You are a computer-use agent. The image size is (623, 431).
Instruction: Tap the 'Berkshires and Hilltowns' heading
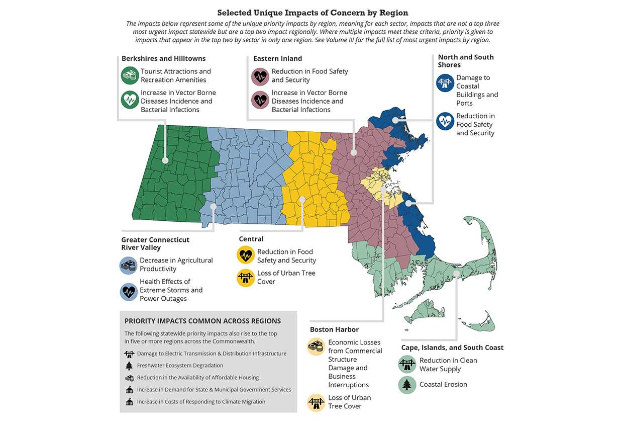(x=163, y=58)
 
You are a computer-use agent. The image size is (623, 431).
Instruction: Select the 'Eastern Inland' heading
(x=277, y=58)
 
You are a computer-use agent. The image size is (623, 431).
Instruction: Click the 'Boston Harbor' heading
(x=334, y=329)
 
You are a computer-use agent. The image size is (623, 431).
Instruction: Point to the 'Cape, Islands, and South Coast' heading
(x=452, y=348)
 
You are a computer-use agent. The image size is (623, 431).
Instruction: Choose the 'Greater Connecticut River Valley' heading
(x=155, y=243)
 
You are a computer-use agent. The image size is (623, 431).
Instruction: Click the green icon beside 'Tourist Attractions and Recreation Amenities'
(x=130, y=76)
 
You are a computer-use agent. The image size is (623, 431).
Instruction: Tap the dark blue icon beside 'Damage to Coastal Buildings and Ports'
(x=445, y=83)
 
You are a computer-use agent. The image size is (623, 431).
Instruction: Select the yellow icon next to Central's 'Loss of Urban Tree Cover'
(x=246, y=278)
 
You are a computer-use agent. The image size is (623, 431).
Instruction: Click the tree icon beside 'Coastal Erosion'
(x=407, y=385)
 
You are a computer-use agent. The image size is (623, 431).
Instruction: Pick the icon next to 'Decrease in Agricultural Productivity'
(x=129, y=265)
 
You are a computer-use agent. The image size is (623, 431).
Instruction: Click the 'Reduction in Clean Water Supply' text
(x=448, y=365)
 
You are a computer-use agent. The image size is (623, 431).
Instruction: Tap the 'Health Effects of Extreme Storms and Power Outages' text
(x=171, y=290)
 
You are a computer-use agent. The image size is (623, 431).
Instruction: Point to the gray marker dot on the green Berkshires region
(x=165, y=161)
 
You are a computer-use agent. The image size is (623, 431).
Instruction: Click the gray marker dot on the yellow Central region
(x=302, y=200)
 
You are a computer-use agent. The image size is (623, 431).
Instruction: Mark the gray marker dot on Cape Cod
(x=456, y=273)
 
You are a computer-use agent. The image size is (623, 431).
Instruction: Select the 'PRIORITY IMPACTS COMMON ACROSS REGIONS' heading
(x=202, y=321)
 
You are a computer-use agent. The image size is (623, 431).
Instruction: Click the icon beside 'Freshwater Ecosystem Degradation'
(x=129, y=366)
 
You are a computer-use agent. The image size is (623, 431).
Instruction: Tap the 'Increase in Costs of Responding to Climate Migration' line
(x=201, y=402)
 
